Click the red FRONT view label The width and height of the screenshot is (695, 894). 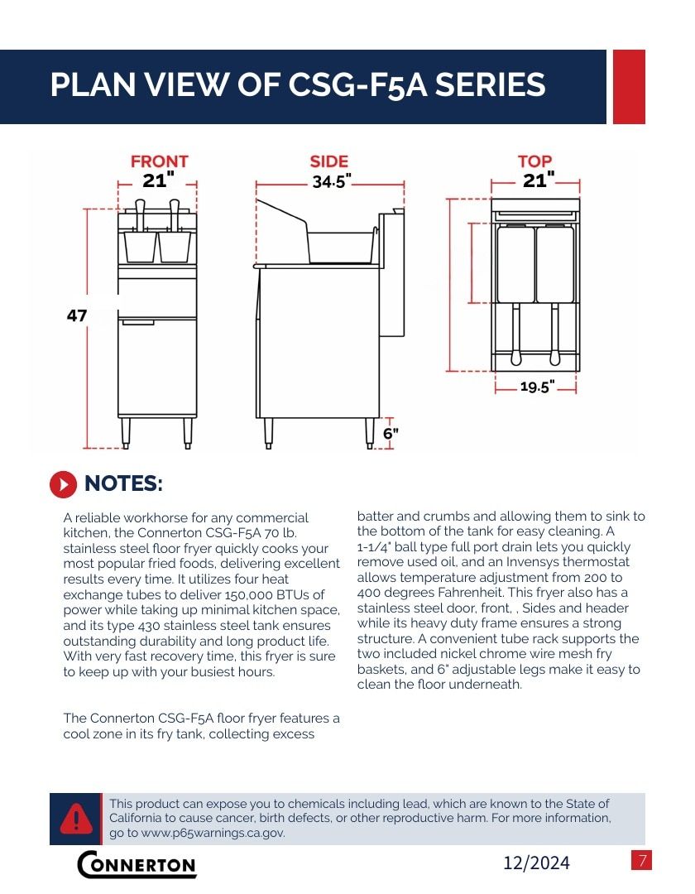click(159, 161)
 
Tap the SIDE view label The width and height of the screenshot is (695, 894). click(328, 161)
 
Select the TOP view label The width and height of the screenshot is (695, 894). click(534, 161)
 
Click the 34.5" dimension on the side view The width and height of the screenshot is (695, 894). click(330, 181)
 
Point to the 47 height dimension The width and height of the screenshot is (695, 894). click(77, 315)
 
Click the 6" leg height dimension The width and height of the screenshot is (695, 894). click(391, 433)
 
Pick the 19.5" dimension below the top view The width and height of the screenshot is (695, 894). click(537, 387)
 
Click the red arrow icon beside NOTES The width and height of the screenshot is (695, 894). click(63, 484)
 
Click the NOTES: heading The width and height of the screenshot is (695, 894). click(123, 483)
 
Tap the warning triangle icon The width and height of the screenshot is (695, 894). click(76, 818)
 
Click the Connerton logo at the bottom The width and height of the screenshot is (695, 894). click(137, 863)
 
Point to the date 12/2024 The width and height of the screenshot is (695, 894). click(536, 863)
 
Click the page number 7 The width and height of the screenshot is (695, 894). click(641, 860)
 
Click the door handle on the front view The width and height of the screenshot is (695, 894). click(138, 324)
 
